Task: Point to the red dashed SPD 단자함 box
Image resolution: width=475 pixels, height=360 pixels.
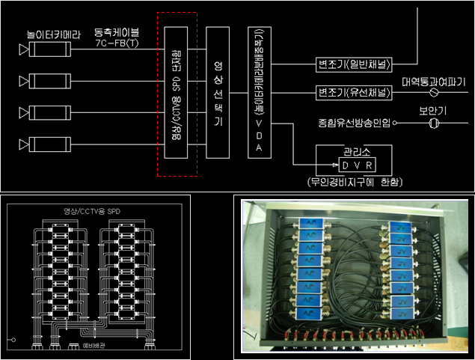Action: [x=177, y=94]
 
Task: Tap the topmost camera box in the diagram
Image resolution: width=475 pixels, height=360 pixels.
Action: [x=48, y=49]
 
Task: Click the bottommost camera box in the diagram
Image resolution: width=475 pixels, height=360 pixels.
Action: [x=48, y=140]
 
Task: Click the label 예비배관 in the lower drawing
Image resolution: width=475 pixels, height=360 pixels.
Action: [x=93, y=347]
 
